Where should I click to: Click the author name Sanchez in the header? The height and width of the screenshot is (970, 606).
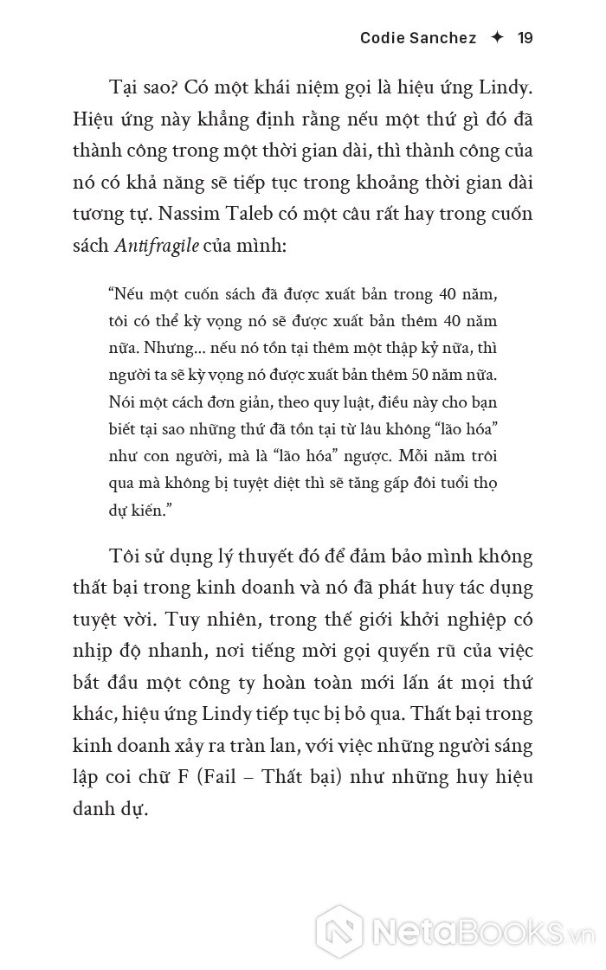click(x=438, y=38)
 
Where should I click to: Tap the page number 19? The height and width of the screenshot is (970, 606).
click(x=525, y=38)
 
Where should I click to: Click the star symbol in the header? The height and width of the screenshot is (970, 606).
click(x=496, y=38)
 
